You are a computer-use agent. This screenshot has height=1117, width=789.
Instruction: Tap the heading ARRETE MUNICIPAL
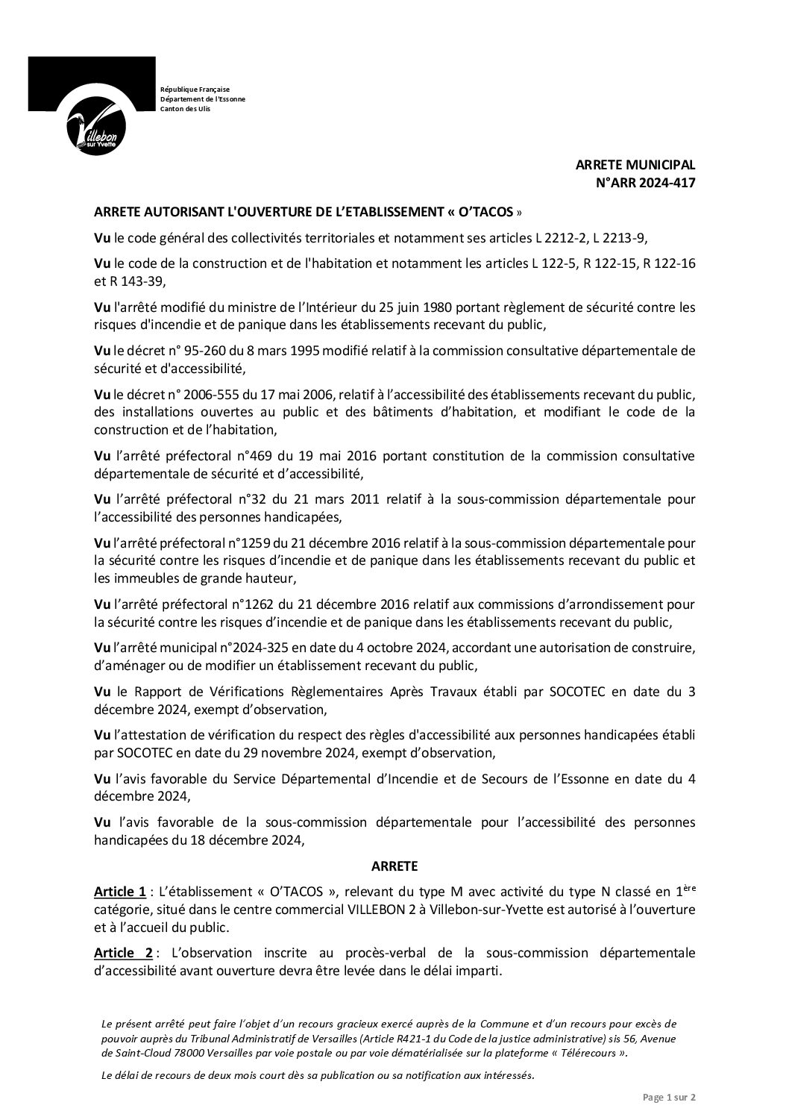[635, 166]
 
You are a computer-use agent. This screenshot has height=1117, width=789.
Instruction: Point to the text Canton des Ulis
[186, 109]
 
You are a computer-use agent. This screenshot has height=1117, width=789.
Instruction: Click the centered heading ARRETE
[394, 866]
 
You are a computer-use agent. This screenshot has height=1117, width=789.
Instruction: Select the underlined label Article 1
[119, 892]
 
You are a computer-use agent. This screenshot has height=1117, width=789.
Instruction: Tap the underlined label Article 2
[123, 953]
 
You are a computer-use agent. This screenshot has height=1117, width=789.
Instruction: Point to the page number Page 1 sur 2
[669, 1097]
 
